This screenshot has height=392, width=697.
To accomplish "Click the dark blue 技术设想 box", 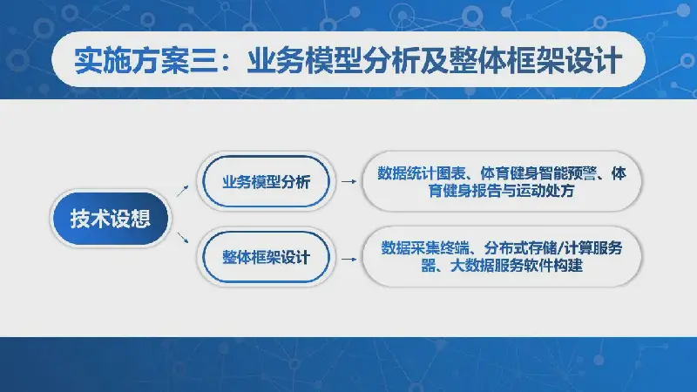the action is (111, 219).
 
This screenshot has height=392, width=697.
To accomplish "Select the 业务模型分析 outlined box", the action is (266, 181).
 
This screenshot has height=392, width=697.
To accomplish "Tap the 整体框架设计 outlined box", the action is (266, 257).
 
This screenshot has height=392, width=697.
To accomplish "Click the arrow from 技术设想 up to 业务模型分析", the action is (182, 191).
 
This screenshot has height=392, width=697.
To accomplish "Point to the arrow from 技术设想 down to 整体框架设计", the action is (183, 237).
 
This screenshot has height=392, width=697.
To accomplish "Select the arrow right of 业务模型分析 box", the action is (349, 181).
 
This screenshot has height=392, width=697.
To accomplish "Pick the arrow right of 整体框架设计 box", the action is (349, 259).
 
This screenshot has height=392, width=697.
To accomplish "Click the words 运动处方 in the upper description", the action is (545, 191).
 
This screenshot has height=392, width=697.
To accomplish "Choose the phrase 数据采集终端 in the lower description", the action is (424, 248).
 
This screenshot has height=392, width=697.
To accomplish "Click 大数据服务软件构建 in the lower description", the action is (517, 266).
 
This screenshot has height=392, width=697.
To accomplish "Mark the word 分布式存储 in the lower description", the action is (520, 248).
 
